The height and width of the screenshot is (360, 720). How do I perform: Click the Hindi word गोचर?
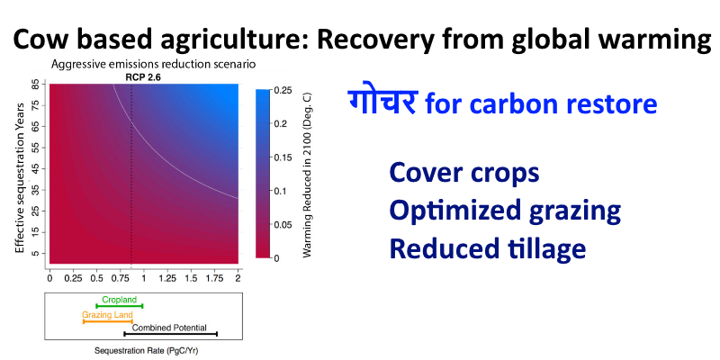[x=382, y=101]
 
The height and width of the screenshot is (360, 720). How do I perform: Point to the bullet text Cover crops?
[x=464, y=173]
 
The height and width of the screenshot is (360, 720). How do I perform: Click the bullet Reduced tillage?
[x=488, y=249]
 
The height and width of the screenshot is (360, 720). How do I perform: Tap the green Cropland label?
[x=120, y=300]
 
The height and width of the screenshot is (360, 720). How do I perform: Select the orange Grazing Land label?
[x=107, y=315]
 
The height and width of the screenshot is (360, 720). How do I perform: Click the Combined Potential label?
[x=169, y=328]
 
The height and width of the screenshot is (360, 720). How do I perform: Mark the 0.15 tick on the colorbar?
[x=284, y=157]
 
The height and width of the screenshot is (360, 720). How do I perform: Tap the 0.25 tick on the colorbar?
[x=284, y=91]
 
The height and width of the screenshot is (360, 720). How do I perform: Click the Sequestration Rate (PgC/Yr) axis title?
[x=147, y=351]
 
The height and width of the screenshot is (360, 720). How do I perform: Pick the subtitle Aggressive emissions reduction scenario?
[x=153, y=64]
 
